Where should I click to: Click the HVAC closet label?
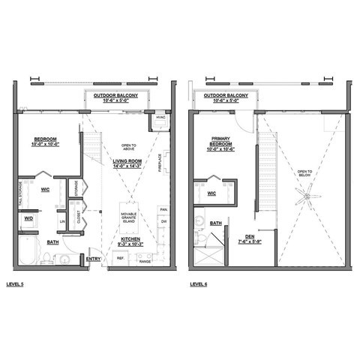point(159,118)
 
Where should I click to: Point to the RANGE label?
point(145,261)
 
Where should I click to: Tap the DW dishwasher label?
point(163,222)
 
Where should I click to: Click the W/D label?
point(28,218)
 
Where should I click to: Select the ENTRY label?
point(93,259)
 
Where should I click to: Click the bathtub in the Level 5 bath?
point(26,253)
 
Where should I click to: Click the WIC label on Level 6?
point(212,193)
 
